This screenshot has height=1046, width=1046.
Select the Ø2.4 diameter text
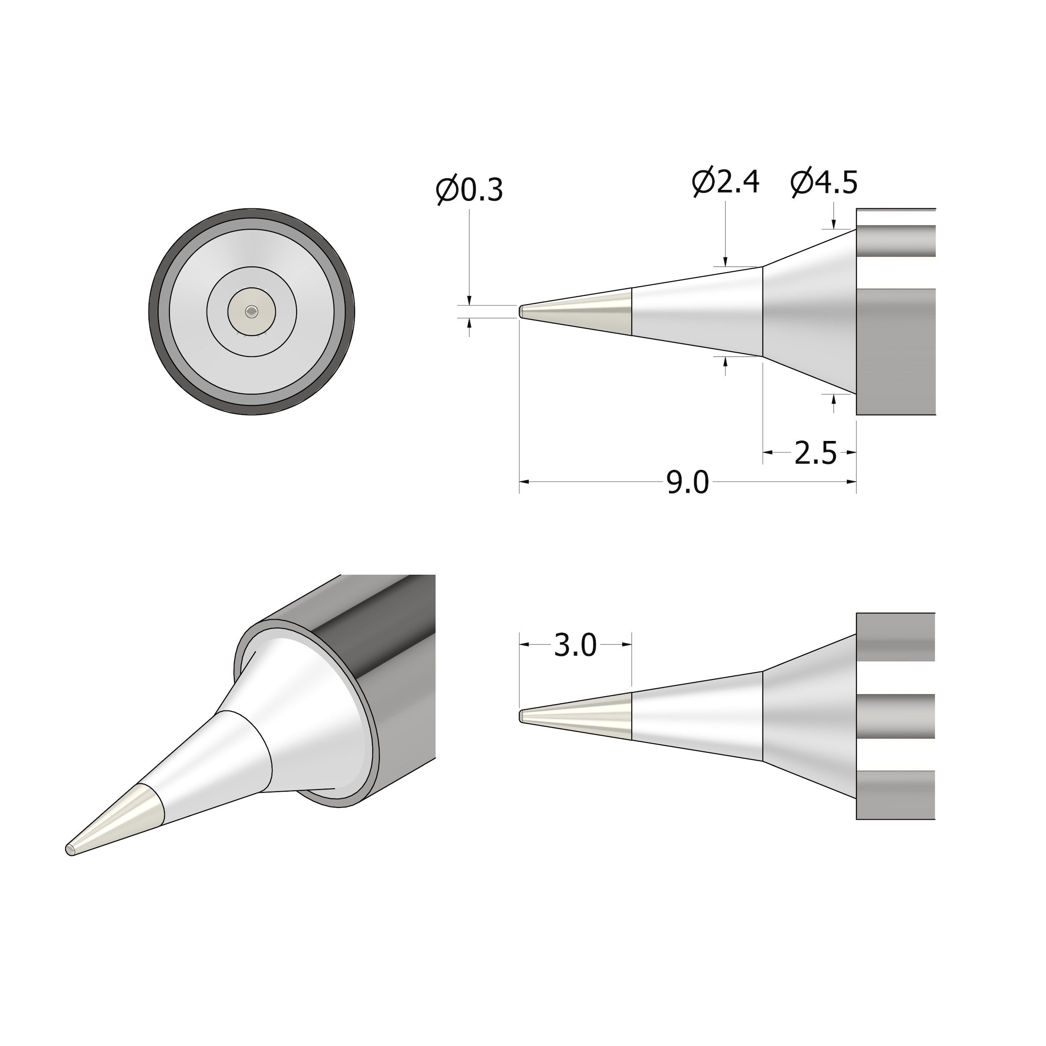726,182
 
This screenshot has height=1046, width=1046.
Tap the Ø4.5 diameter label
824,182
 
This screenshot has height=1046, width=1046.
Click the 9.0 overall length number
687,482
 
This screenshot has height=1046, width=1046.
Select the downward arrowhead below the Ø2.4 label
725,261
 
